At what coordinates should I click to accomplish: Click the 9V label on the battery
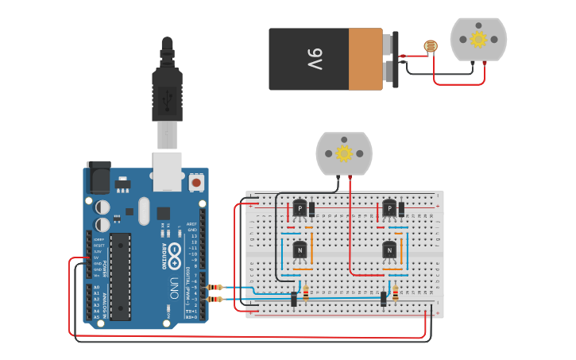[x=315, y=59]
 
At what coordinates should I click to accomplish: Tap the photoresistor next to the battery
[x=430, y=47]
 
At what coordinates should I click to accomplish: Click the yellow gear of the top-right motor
[x=478, y=39]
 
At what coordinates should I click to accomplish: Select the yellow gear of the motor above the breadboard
[x=344, y=153]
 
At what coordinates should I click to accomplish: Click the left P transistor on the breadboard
[x=300, y=209]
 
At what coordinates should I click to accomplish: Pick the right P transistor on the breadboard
[x=389, y=209]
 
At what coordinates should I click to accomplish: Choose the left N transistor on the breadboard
[x=300, y=250]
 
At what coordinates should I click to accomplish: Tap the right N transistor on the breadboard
[x=389, y=250]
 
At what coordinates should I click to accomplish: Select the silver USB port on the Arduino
[x=168, y=172]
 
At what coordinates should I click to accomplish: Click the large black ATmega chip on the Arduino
[x=120, y=270]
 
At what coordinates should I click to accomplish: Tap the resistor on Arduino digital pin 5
[x=214, y=287]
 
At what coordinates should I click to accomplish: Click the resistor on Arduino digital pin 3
[x=214, y=299]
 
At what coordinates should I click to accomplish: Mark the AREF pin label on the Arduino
[x=191, y=225]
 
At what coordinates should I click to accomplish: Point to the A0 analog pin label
[x=96, y=287]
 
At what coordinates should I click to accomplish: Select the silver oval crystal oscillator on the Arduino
[x=144, y=211]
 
